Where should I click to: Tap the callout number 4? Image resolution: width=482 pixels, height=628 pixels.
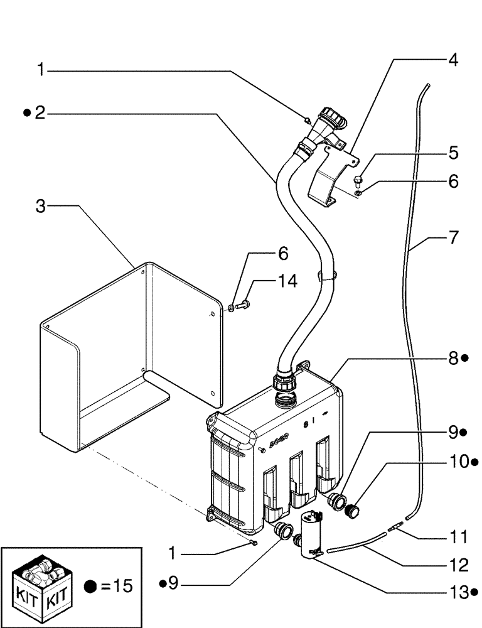tap(452, 61)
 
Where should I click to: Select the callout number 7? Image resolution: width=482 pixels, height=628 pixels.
tap(453, 238)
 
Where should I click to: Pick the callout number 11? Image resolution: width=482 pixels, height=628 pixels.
tap(459, 538)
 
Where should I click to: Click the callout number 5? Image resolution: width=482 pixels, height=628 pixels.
tap(453, 153)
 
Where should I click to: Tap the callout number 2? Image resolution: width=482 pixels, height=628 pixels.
tap(40, 113)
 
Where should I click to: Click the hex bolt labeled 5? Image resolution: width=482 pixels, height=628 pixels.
tap(358, 182)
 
